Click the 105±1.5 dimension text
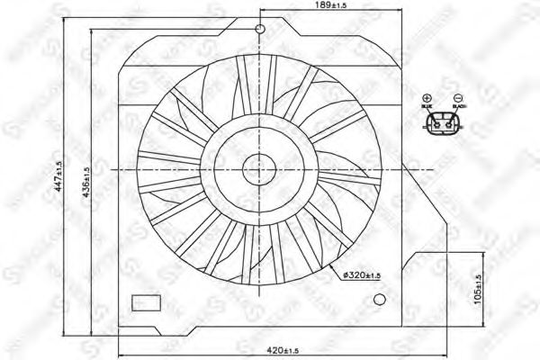tap(477, 289)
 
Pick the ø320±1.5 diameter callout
tap(365, 274)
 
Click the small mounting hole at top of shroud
tap(259, 31)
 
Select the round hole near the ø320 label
tap(382, 298)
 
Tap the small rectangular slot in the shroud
tap(144, 302)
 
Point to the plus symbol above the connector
tap(427, 98)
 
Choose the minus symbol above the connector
tap(458, 98)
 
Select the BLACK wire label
tap(459, 108)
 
